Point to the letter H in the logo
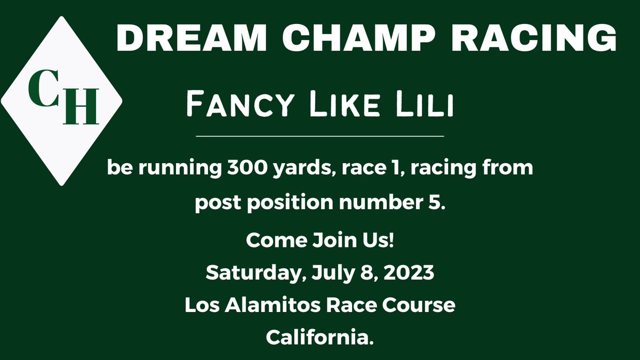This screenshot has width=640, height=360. tap(80, 106)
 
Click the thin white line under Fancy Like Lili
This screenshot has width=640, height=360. tap(320, 137)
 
